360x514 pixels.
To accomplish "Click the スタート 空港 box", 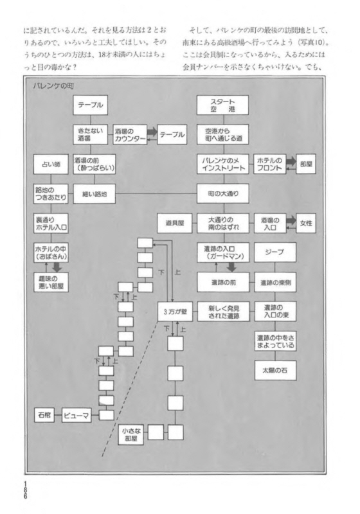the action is pos(222,105).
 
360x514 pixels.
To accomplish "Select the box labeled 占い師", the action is pos(51,164).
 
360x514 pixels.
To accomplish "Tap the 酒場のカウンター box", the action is pos(130,134).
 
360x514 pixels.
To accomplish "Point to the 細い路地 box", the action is pos(94,194).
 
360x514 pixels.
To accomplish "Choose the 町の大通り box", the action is pos(222,193).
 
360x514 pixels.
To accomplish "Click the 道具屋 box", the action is pos(174,223).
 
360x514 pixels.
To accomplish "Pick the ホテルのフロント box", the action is pos(270,164).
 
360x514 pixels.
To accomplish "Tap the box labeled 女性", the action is pos(306,223).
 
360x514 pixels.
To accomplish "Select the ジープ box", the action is pos(275,252).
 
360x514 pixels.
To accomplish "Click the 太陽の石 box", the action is pos(275,371).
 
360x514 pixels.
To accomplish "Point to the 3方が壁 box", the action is pos(175,312).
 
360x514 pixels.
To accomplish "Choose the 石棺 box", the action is pos(44,414).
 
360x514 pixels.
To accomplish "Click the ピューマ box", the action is pos(76,415).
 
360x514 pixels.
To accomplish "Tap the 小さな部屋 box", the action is pos(130,435).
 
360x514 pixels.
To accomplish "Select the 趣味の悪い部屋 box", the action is pos(51,282).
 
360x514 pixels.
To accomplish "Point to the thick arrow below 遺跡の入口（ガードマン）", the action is pos(232,267).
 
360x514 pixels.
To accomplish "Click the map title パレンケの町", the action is pos(53,86).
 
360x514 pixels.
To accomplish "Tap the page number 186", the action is pos(25,490).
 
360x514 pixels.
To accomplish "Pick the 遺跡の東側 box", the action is pos(275,282).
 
